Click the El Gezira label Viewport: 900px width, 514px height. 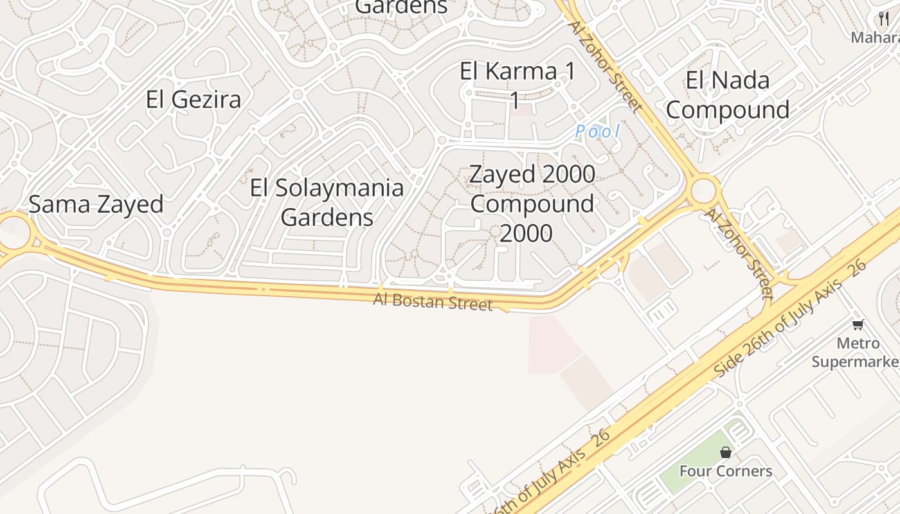tap(194, 100)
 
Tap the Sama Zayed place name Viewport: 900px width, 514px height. tap(96, 204)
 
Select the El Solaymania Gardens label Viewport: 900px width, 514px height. tap(327, 202)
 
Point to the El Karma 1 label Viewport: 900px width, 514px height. tap(517, 72)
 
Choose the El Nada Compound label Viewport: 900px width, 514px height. tap(727, 95)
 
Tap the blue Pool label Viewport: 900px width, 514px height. tap(597, 132)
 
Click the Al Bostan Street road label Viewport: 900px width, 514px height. tap(433, 301)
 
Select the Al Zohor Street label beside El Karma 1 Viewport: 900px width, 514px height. tap(605, 66)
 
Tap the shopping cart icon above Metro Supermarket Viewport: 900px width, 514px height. tap(858, 324)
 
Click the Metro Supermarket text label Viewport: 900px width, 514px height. tap(855, 352)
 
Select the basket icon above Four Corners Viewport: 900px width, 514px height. tap(726, 452)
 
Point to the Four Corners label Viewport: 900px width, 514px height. tap(726, 471)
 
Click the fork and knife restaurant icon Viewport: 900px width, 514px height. tap(884, 18)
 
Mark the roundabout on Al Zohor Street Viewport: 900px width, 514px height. tap(704, 190)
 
